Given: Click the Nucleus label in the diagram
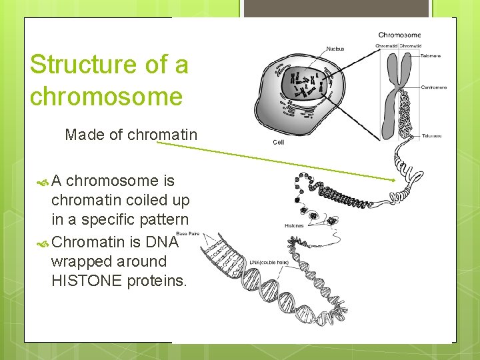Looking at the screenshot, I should tap(335, 49).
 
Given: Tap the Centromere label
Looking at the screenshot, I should tap(434, 87).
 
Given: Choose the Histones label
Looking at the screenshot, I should tap(293, 226).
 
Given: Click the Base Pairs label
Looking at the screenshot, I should tap(187, 233).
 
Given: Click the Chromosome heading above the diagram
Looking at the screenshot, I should tap(399, 35).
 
